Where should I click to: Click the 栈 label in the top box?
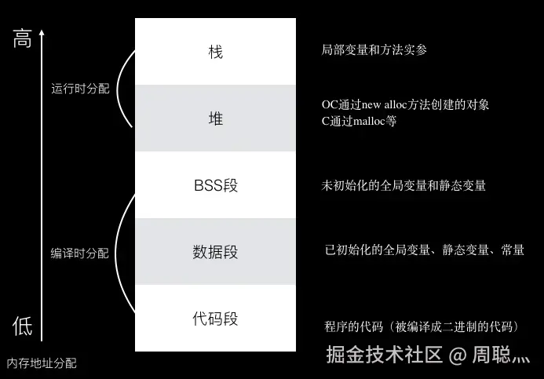(x=215, y=52)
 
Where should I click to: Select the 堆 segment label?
(x=215, y=118)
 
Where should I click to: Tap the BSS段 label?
(x=215, y=186)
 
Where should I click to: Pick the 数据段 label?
(x=215, y=253)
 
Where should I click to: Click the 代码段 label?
(x=215, y=319)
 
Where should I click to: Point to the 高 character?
(x=22, y=40)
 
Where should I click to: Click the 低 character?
(x=22, y=326)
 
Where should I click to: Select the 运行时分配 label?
(x=80, y=89)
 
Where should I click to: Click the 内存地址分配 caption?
(x=42, y=363)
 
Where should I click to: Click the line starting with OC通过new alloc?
(x=411, y=104)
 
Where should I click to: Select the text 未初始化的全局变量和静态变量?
(x=403, y=186)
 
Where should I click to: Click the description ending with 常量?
(x=424, y=250)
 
